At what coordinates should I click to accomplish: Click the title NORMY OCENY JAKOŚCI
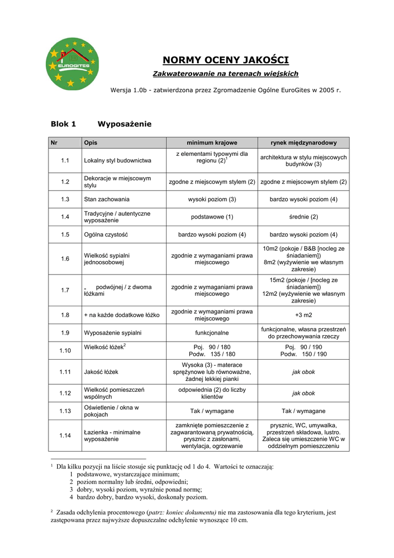[x=226, y=60]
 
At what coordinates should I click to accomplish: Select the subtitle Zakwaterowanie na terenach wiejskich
[x=225, y=74]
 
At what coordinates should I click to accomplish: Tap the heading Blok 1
[x=63, y=124]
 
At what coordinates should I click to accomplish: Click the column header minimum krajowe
[x=212, y=143]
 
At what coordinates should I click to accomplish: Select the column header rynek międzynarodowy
[x=303, y=143]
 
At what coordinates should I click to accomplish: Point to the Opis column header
[x=90, y=143]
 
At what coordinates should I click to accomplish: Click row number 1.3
[x=65, y=199]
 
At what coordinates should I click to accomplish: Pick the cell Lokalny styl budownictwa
[x=118, y=161]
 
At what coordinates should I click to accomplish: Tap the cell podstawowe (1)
[x=212, y=217]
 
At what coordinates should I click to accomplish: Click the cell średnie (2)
[x=303, y=217]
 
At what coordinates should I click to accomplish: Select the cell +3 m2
[x=303, y=315]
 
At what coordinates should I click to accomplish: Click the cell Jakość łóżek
[x=101, y=372]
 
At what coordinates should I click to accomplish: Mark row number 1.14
[x=65, y=435]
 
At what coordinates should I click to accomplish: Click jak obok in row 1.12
[x=303, y=393]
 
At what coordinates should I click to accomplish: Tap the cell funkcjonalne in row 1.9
[x=212, y=332]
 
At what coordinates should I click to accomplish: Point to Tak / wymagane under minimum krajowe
[x=212, y=411]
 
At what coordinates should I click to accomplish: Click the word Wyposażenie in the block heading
[x=124, y=124]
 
